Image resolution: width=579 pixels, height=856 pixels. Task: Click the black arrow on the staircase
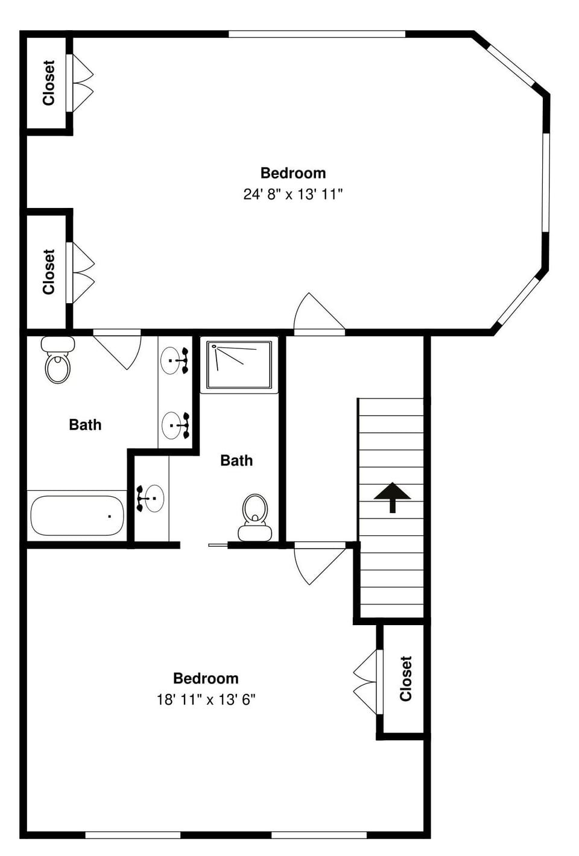392,496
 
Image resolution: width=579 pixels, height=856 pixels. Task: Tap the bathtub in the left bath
77,515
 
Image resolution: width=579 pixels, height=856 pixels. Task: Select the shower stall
239,365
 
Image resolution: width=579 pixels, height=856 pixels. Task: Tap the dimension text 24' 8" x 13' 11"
293,194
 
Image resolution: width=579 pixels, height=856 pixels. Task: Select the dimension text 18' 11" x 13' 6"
206,699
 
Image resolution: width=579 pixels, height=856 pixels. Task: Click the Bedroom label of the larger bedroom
293,173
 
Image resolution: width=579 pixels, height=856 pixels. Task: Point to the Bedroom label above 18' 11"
206,678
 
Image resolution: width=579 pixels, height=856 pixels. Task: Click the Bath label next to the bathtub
85,425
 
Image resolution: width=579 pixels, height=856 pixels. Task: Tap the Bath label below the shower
236,461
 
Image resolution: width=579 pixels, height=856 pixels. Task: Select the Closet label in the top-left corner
48,83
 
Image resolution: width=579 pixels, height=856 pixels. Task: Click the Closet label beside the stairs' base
405,679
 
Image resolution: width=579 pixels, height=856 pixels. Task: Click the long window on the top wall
317,34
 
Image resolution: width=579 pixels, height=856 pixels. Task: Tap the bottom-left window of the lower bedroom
133,835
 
